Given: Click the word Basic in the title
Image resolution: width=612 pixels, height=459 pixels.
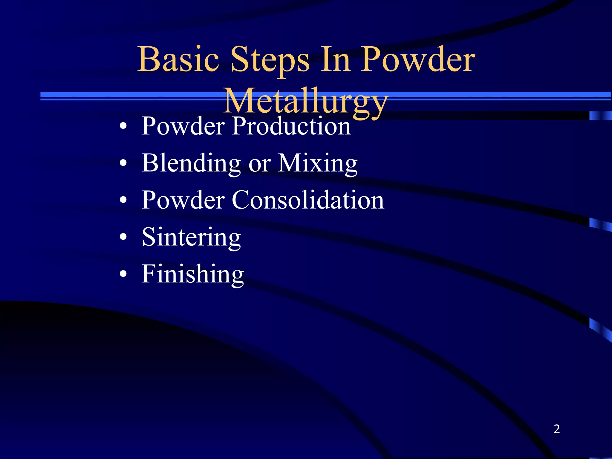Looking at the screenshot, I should pos(178,60).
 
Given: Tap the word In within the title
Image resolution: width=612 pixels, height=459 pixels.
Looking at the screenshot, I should pos(335,60).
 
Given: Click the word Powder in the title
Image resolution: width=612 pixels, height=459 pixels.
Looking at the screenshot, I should pos(417,60).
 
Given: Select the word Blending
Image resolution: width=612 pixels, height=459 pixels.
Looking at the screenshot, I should pos(191,164).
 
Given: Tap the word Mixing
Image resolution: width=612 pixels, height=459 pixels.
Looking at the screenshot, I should pos(318,164).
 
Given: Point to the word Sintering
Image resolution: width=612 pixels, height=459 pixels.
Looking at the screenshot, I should pos(191,238).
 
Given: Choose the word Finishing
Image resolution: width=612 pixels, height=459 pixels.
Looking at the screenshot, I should pos(193,274).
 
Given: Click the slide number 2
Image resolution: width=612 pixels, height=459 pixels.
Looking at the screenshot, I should pos(556,429).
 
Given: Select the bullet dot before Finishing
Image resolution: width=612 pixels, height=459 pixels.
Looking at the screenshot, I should pos(123,274).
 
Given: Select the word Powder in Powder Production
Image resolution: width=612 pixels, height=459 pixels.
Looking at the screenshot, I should pos(183,126).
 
